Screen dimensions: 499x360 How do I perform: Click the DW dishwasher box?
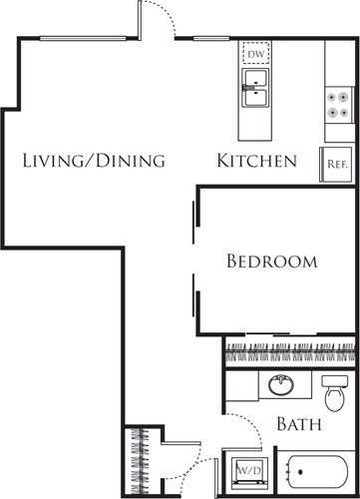(x=255, y=53)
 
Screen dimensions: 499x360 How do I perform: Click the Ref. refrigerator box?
(x=335, y=165)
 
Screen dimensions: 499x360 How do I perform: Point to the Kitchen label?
(x=257, y=161)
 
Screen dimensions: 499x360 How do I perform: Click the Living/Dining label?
(x=93, y=161)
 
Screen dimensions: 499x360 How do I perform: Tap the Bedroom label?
(x=271, y=261)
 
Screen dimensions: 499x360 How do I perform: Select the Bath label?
(x=298, y=425)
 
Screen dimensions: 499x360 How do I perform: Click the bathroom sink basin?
(x=275, y=385)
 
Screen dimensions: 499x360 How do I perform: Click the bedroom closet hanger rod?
(x=289, y=351)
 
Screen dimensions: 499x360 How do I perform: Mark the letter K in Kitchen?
(x=224, y=161)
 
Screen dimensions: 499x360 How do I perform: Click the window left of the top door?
(x=84, y=38)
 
